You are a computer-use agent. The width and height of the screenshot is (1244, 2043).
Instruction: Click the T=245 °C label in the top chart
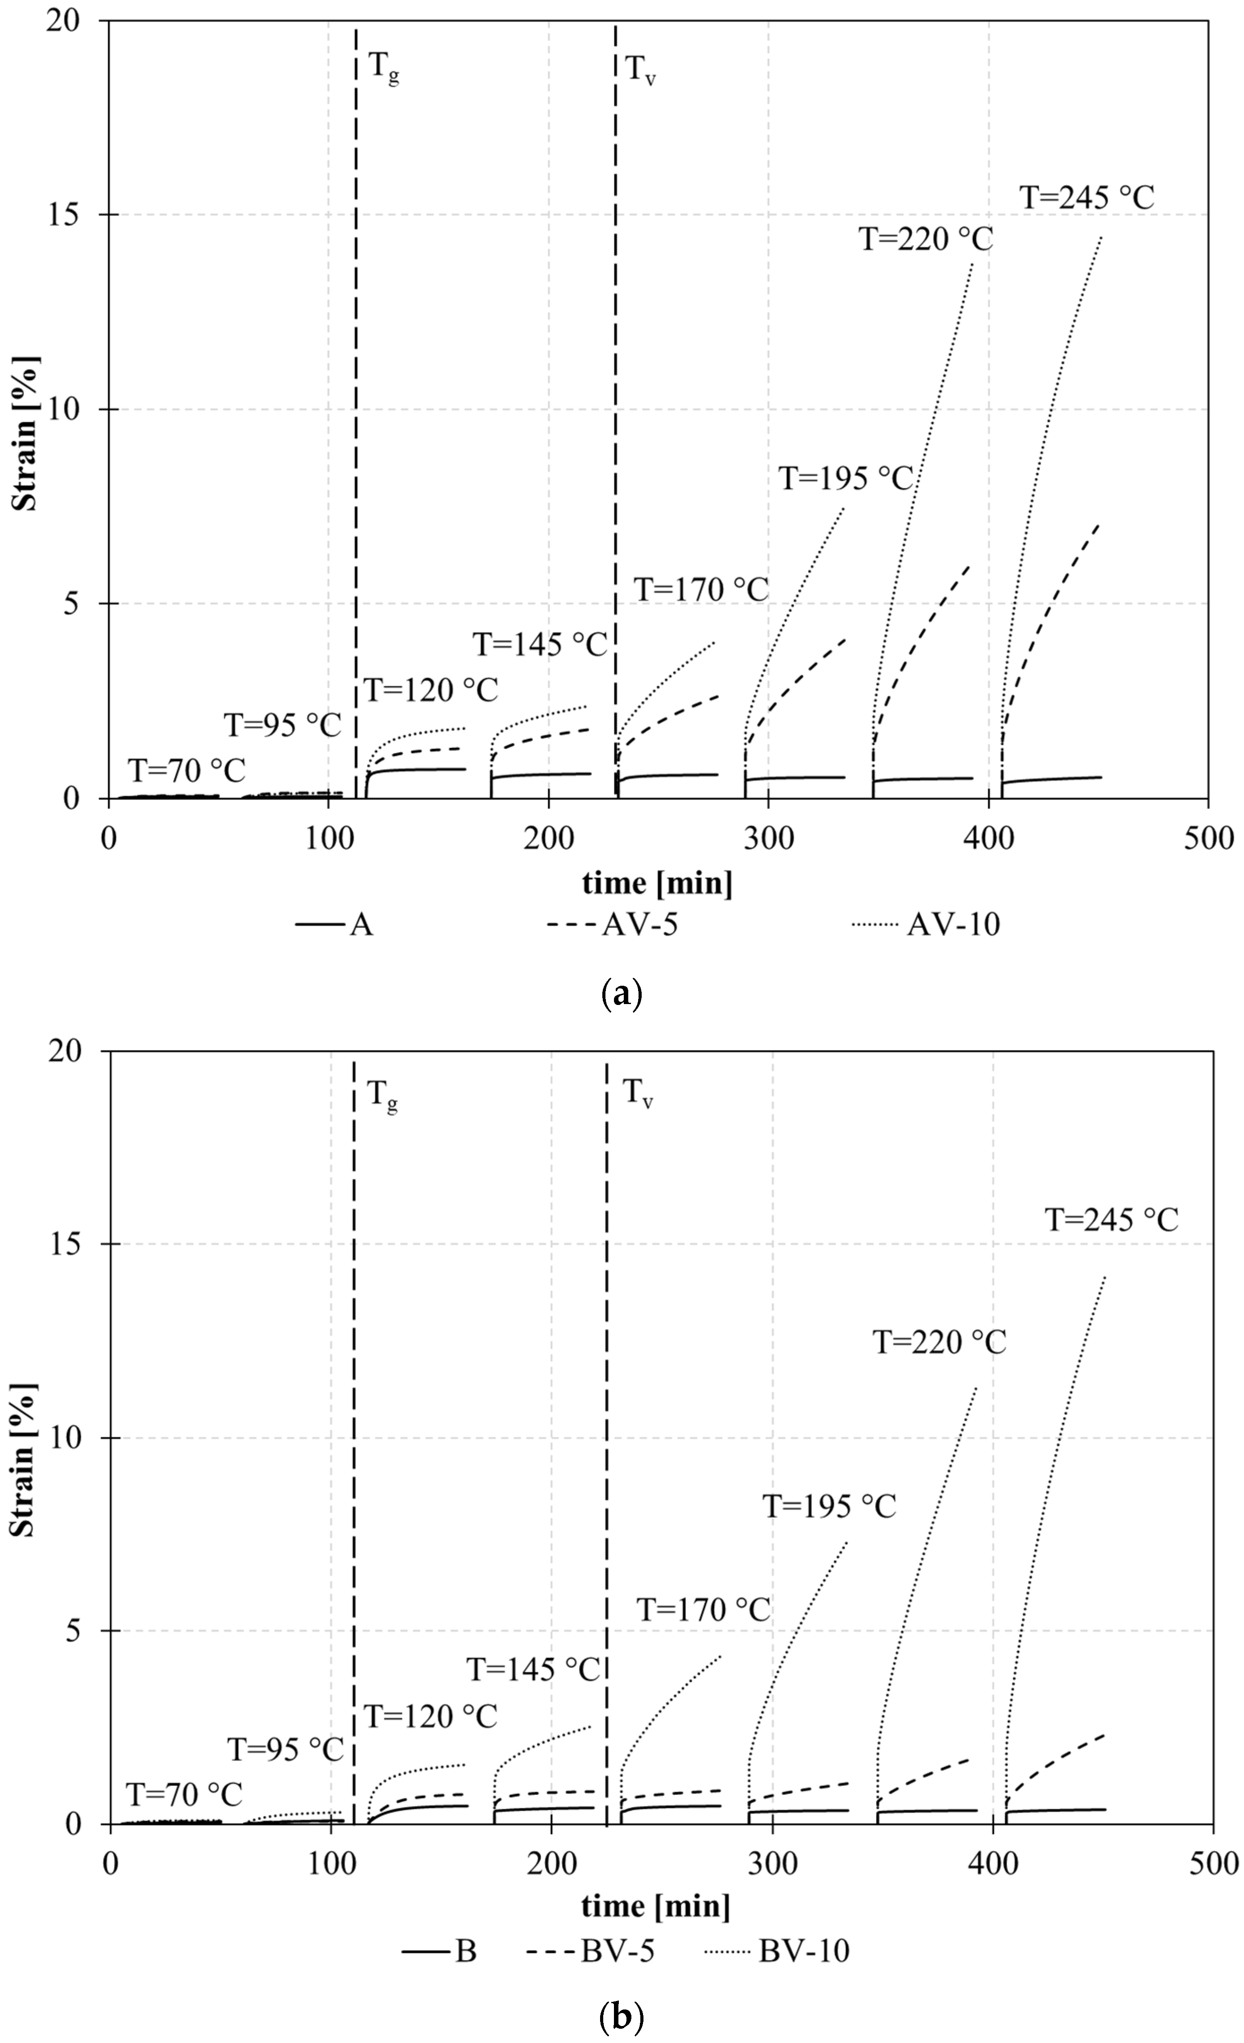pyautogui.click(x=1087, y=198)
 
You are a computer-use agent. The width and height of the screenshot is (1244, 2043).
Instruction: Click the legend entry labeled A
pyautogui.click(x=360, y=924)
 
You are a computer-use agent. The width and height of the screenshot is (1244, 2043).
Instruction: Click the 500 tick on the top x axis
pyautogui.click(x=1208, y=838)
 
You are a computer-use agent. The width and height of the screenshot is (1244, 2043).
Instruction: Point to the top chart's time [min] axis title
pyautogui.click(x=657, y=883)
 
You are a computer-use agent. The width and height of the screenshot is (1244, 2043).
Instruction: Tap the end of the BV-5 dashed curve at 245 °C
pyautogui.click(x=1104, y=1734)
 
